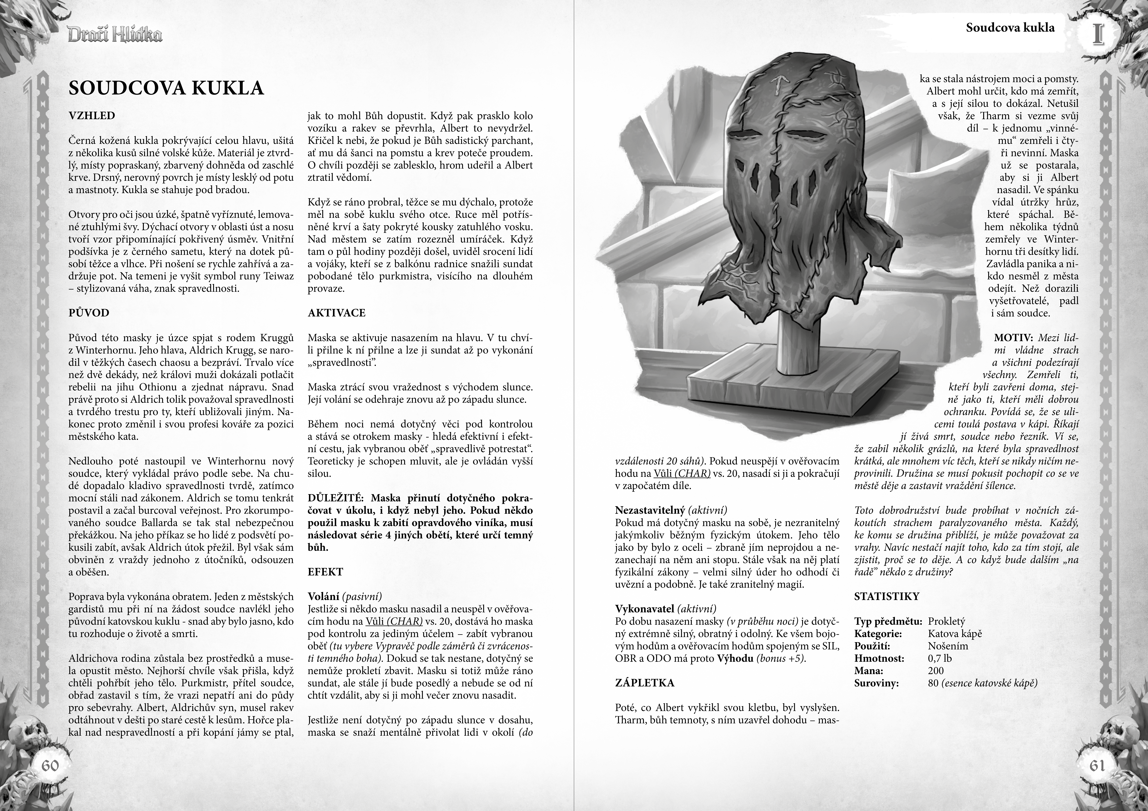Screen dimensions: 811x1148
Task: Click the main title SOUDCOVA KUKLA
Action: click(x=166, y=88)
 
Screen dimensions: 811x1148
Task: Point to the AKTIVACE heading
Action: click(x=337, y=313)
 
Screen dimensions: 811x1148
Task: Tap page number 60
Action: click(x=50, y=765)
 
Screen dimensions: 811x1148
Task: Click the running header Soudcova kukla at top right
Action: click(x=1010, y=27)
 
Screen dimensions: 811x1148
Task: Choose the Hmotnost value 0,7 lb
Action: click(x=939, y=658)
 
